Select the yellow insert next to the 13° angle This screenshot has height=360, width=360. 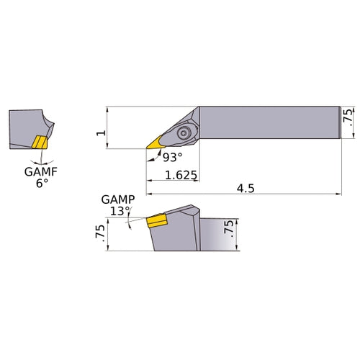[x=157, y=220]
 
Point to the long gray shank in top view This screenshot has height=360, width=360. [x=266, y=122]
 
